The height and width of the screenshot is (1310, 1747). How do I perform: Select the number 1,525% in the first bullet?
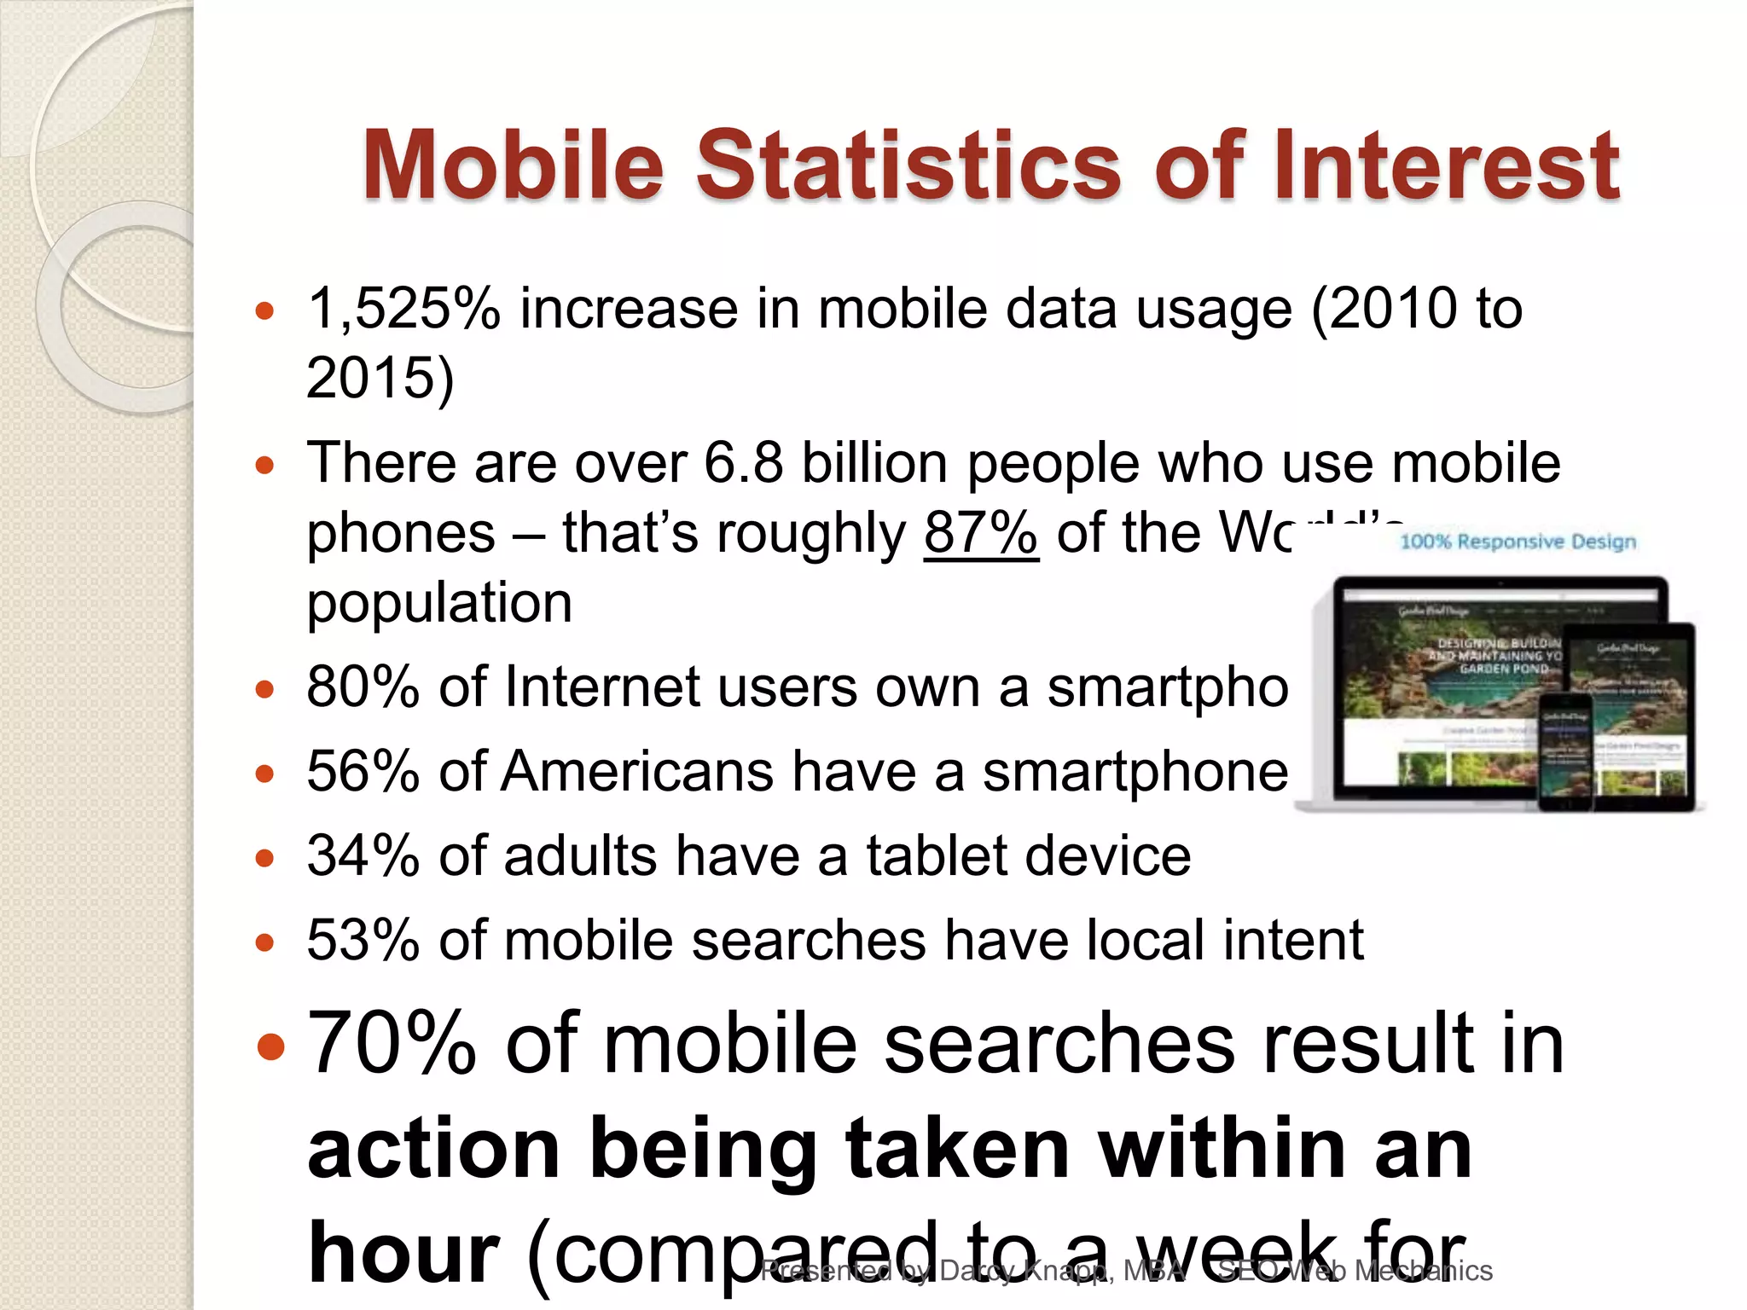pyautogui.click(x=403, y=308)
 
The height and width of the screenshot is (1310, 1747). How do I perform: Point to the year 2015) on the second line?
pyautogui.click(x=380, y=377)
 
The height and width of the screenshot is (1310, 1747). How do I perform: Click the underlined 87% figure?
pyautogui.click(x=981, y=533)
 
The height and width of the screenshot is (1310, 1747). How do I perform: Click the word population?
pyautogui.click(x=439, y=602)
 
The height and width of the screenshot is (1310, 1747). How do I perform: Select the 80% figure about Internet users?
pyautogui.click(x=363, y=687)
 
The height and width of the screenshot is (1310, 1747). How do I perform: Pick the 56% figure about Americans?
pyautogui.click(x=363, y=771)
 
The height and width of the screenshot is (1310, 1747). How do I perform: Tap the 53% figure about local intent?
pyautogui.click(x=363, y=940)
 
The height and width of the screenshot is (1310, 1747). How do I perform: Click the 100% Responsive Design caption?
pyautogui.click(x=1518, y=542)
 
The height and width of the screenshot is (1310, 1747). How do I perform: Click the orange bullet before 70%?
pyautogui.click(x=270, y=1045)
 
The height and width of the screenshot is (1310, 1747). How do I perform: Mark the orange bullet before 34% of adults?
pyautogui.click(x=265, y=857)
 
